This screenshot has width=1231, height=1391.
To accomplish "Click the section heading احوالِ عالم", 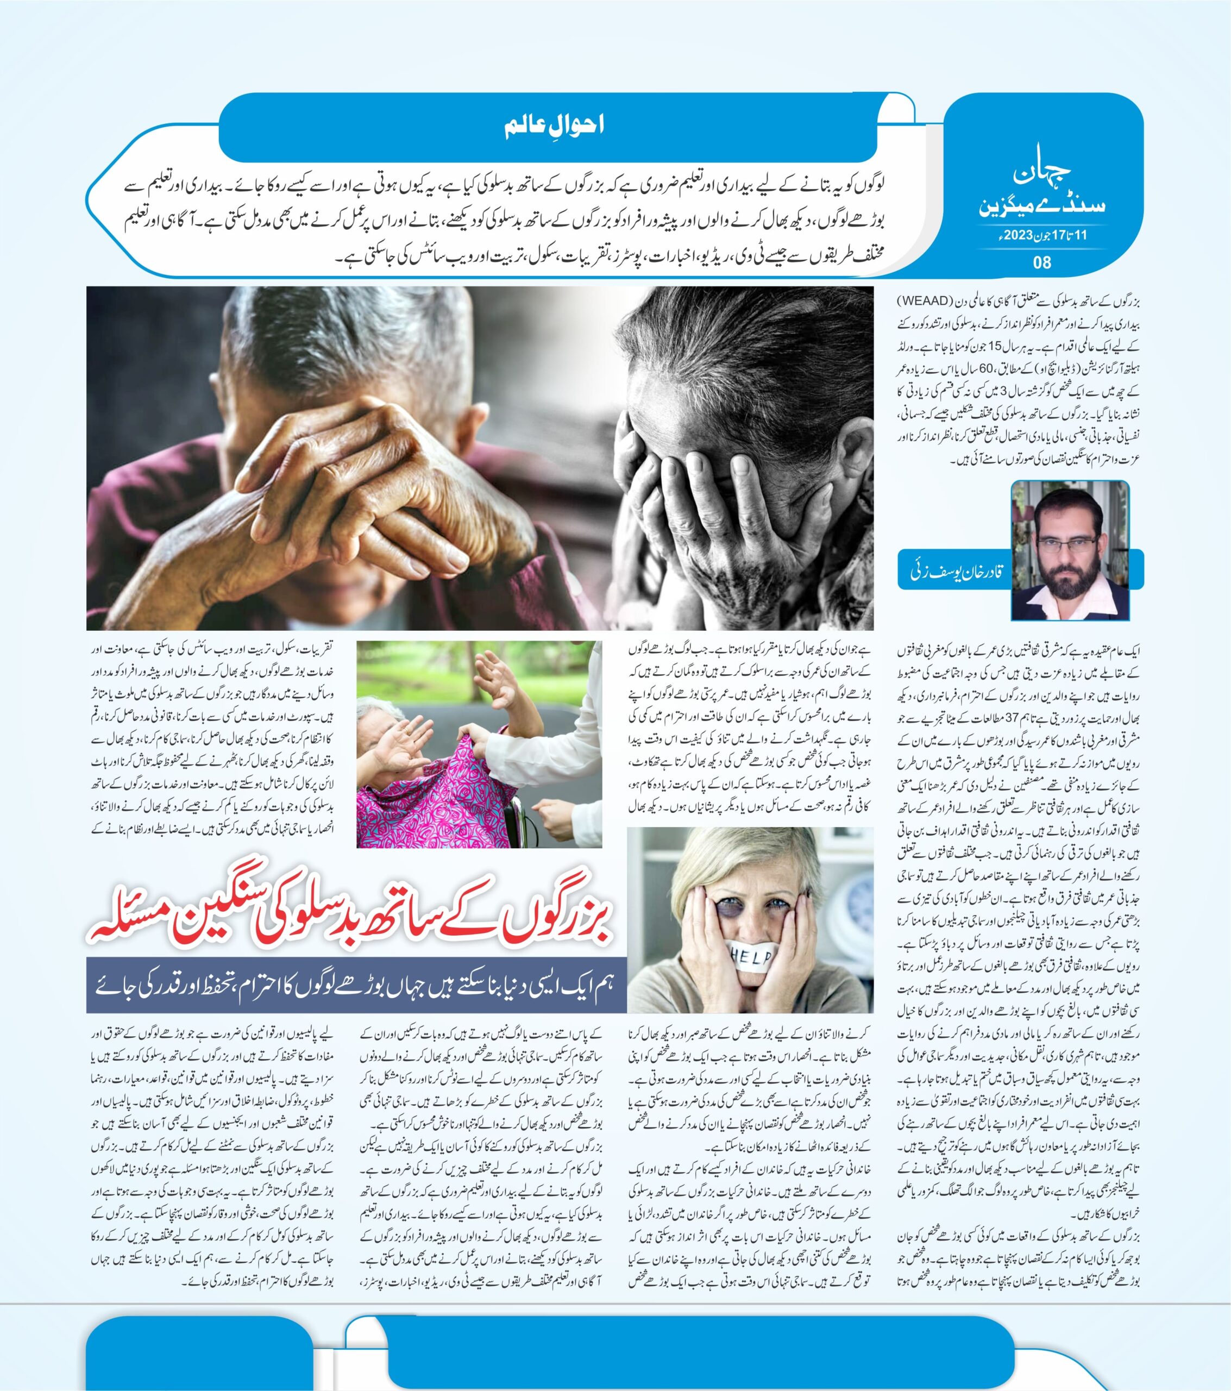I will pyautogui.click(x=554, y=126).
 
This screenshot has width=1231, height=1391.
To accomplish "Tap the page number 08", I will pyautogui.click(x=1042, y=262).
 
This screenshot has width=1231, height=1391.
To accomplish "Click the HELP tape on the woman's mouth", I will pyautogui.click(x=751, y=957).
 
